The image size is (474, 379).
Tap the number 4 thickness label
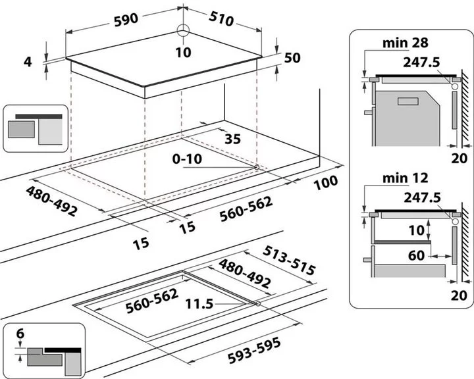pos(27,62)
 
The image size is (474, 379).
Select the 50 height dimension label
pos(292,58)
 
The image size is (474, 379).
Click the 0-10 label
pos(188,159)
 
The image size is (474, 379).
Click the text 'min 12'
pos(406,178)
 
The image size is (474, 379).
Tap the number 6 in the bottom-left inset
pos(20,334)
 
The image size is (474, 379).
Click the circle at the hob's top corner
pos(182,29)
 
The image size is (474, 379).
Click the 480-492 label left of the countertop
pos(52,201)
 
